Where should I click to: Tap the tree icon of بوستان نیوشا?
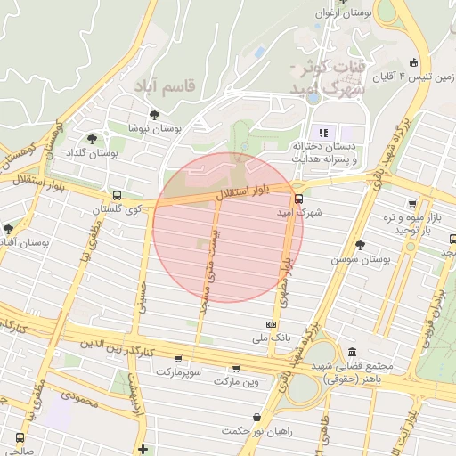pyautogui.click(x=155, y=115)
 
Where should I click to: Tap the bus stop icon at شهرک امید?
pyautogui.click(x=298, y=199)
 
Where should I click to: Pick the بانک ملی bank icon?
pyautogui.click(x=271, y=325)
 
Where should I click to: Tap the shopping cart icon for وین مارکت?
pyautogui.click(x=236, y=368)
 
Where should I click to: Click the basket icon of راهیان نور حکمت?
pyautogui.click(x=257, y=417)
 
